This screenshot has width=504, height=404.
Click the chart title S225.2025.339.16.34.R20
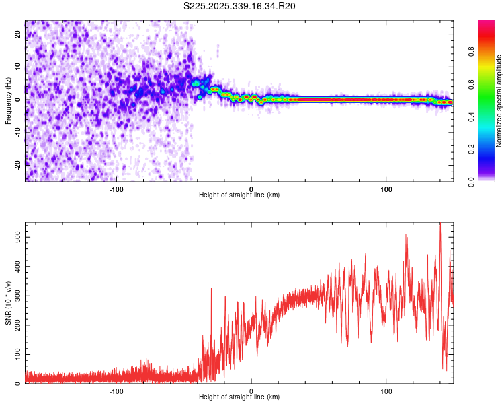pos(240,6)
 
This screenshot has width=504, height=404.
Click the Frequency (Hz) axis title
pos(8,100)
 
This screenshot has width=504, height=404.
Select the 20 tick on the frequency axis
pos(19,35)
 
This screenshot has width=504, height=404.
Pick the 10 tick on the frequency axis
pos(19,67)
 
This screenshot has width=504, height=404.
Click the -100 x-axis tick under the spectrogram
pos(116,189)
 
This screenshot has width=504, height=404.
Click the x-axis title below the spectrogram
pos(239,195)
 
